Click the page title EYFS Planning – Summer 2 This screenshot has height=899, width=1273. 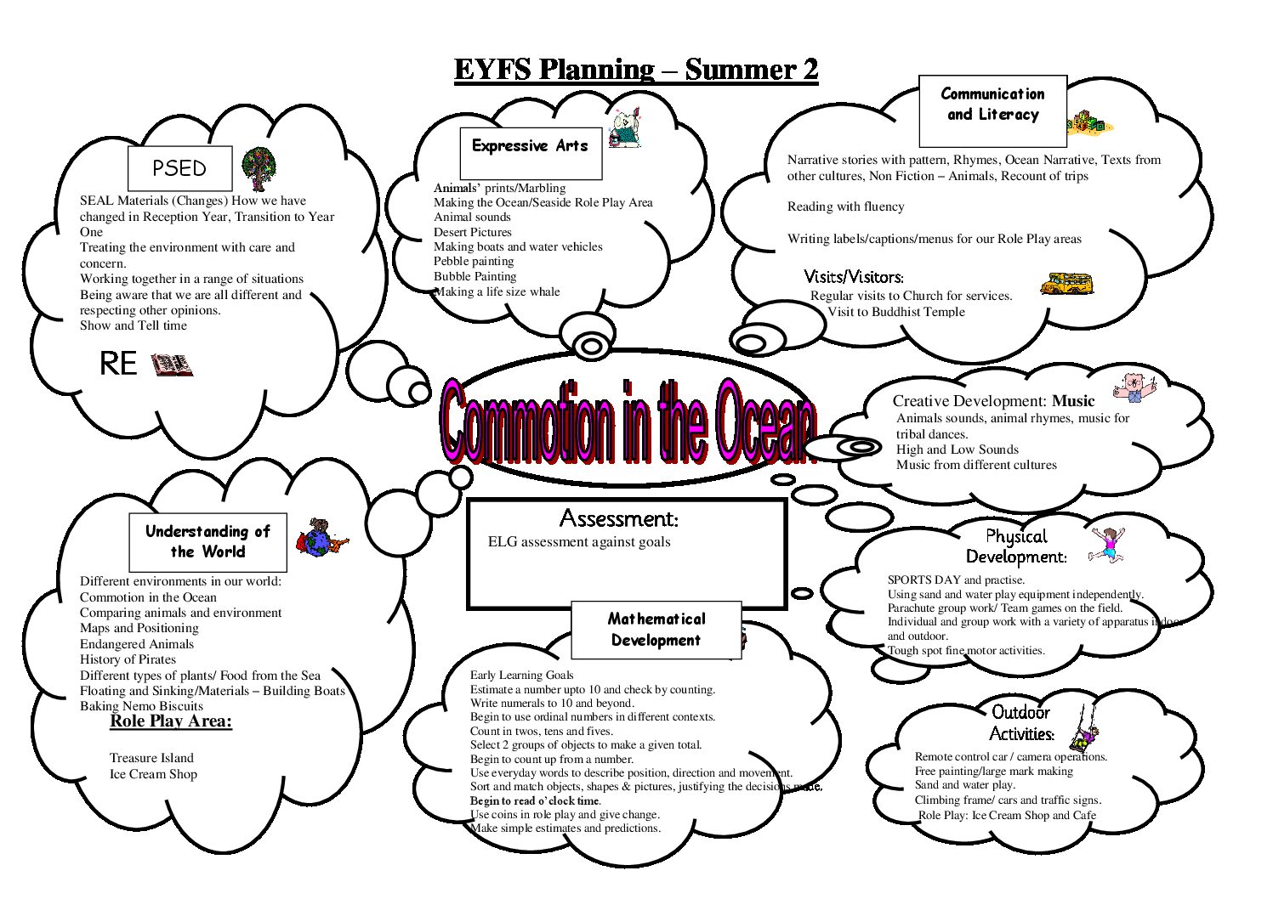click(x=636, y=70)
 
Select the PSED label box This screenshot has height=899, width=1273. click(x=179, y=168)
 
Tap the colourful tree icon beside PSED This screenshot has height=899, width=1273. click(x=259, y=169)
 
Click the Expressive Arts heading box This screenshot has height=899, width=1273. click(x=531, y=153)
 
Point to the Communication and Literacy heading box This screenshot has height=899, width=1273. click(x=992, y=110)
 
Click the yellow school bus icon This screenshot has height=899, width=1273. click(x=1066, y=283)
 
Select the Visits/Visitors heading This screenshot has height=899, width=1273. click(x=853, y=277)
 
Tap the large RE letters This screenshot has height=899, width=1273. click(x=118, y=364)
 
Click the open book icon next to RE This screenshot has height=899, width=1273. click(x=172, y=365)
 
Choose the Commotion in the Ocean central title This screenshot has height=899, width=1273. click(x=628, y=422)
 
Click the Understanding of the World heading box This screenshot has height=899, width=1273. click(x=208, y=542)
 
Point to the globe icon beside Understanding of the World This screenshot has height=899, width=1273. click(x=321, y=537)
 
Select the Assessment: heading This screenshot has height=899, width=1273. click(x=618, y=518)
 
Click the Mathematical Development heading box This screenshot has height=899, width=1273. click(x=656, y=630)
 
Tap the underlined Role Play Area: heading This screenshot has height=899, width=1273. click(x=171, y=721)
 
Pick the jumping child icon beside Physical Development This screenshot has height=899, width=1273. click(x=1107, y=545)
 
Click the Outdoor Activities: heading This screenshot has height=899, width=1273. click(x=1021, y=723)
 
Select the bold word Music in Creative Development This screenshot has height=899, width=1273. click(x=1073, y=401)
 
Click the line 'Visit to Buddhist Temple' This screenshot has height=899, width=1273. click(x=895, y=312)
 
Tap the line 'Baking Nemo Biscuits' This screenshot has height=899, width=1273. click(x=141, y=706)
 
